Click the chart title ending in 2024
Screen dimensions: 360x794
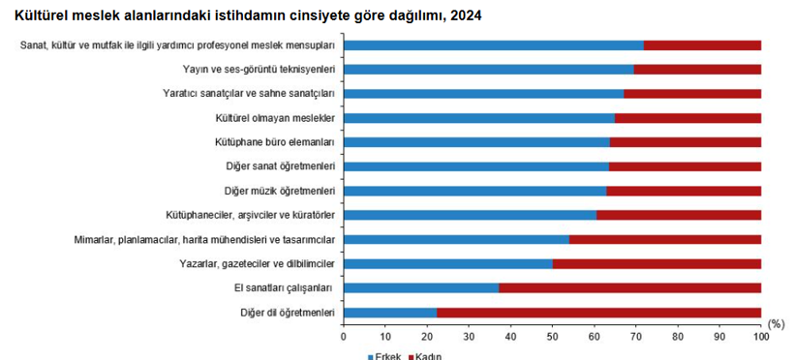248,15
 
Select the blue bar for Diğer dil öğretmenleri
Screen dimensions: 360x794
390,312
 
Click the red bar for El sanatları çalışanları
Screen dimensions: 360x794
629,287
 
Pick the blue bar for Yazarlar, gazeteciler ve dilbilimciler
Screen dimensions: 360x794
447,263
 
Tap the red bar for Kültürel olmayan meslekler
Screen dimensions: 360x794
687,118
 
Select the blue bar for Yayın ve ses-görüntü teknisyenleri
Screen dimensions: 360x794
488,70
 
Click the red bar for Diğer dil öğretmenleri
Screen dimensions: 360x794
598,312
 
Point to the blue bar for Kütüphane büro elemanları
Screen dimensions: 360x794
476,142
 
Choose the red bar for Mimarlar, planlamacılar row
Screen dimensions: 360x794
664,239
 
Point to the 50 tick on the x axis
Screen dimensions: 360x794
552,336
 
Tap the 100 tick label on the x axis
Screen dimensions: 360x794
761,336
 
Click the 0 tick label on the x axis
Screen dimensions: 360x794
344,336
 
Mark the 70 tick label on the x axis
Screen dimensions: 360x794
635,336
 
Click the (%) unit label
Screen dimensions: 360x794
775,323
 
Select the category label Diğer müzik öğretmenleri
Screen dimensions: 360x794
279,191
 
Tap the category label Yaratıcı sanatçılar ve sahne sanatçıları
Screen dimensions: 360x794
249,94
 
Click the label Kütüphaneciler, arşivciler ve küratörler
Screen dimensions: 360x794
250,215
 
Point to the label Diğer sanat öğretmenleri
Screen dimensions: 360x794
280,166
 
